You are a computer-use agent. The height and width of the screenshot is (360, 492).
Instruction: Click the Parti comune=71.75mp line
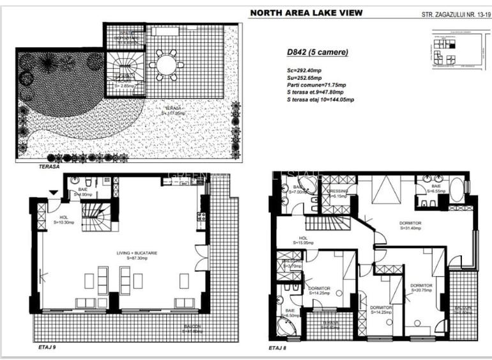click(316, 84)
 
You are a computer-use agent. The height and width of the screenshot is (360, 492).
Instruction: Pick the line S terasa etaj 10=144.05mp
click(320, 100)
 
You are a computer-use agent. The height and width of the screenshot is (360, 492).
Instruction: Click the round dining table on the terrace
click(166, 64)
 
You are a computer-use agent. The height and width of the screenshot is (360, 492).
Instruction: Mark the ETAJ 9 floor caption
click(42, 347)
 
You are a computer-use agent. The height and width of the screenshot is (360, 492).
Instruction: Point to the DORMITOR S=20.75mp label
click(422, 288)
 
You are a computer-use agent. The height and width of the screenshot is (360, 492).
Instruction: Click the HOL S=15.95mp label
click(304, 240)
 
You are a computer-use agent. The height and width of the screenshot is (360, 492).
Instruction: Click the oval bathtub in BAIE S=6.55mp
click(457, 190)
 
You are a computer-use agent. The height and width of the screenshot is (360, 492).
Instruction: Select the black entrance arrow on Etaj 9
click(53, 192)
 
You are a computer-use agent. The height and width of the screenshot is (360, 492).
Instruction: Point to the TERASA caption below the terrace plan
click(48, 166)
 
